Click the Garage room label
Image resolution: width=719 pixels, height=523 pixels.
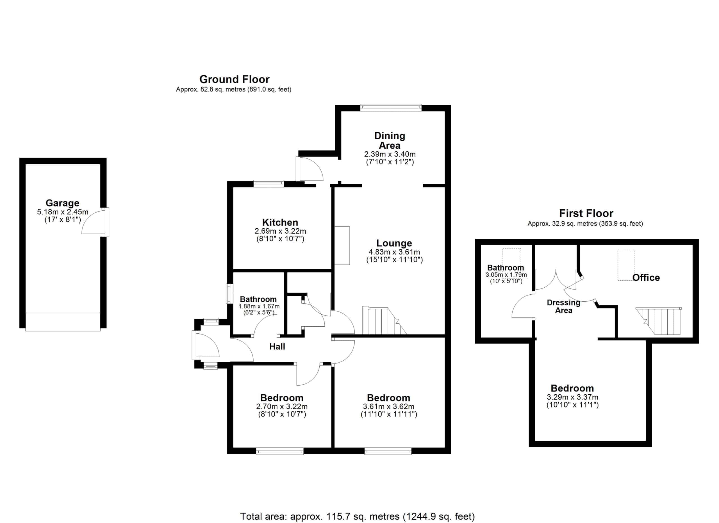[62, 203]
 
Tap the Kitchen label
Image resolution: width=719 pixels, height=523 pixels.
[280, 222]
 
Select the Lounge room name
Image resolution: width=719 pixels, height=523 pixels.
[394, 243]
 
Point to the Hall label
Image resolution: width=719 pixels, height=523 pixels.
[277, 346]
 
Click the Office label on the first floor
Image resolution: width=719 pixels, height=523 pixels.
[646, 278]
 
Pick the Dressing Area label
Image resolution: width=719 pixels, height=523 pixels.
[563, 306]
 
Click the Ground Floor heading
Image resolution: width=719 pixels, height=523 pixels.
[234, 79]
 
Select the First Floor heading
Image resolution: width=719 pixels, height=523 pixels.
[586, 213]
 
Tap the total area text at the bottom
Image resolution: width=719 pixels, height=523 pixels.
[357, 517]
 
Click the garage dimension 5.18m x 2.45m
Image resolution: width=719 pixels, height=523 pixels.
[63, 212]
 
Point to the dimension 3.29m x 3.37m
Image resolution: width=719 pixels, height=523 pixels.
[573, 397]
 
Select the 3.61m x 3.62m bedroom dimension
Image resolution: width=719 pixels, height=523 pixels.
[389, 406]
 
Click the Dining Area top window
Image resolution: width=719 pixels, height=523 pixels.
[391, 108]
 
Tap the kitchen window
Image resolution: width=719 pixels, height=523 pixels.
[269, 183]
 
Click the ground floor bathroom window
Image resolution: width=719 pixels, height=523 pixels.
[229, 294]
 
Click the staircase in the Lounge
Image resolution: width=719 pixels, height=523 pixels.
[384, 320]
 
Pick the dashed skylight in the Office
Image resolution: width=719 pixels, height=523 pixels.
[626, 265]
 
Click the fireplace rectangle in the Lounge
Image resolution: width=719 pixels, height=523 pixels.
[342, 246]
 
